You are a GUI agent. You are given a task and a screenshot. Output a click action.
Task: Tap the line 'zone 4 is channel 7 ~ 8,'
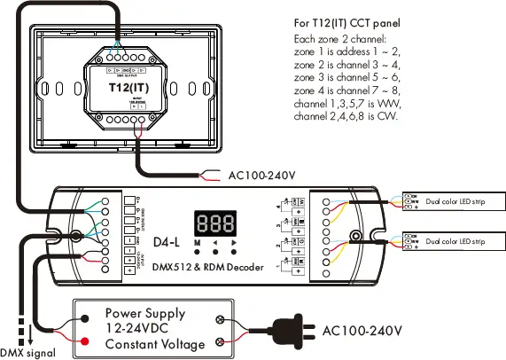tap(349, 90)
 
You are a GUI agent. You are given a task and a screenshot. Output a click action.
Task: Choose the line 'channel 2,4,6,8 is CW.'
tap(346, 115)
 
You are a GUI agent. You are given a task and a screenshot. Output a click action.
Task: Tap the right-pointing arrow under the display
tap(233, 242)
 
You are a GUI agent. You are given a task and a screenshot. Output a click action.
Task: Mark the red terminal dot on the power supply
tap(84, 341)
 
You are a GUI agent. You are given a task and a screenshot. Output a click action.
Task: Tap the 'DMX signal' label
tap(28, 352)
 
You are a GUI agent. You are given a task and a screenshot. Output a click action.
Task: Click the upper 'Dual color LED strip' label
tap(455, 200)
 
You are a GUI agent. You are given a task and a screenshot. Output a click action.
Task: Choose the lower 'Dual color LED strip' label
tap(455, 240)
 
